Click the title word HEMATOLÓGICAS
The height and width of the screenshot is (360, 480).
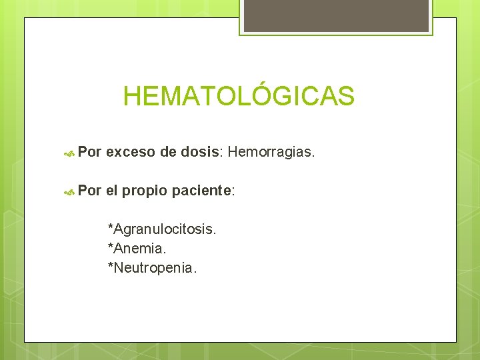[x=239, y=97]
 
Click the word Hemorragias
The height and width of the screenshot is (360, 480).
[x=271, y=153]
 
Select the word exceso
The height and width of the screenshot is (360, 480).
[x=130, y=153]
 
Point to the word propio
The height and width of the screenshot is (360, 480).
[x=145, y=191]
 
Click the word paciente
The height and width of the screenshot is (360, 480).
[x=201, y=191]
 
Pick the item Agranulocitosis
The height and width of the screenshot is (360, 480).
[x=165, y=229]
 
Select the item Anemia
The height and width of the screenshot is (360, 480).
[x=140, y=249]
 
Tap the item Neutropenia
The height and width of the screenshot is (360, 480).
[x=155, y=268]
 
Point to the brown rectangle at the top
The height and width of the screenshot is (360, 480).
[x=335, y=15]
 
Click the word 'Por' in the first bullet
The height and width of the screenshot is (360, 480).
[x=89, y=153]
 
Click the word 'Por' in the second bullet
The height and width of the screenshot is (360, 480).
[x=89, y=191]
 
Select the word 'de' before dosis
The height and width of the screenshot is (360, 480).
[x=167, y=153]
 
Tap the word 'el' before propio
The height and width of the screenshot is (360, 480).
[x=111, y=191]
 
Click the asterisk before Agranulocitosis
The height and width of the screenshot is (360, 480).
[x=111, y=228]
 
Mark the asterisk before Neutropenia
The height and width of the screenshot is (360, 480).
[x=111, y=267]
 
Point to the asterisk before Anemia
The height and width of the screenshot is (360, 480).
[x=111, y=247]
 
